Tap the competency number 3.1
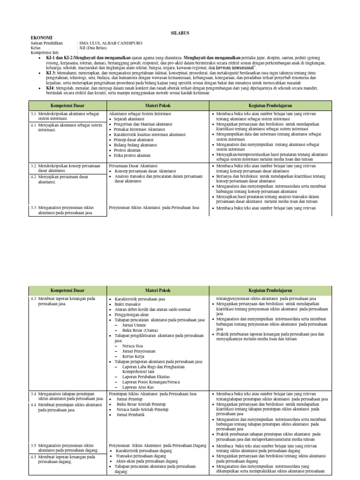coord(34,114)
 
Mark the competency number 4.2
coord(34,177)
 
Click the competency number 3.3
coord(34,208)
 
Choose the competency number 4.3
coord(34,299)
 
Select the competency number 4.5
coord(34,457)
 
